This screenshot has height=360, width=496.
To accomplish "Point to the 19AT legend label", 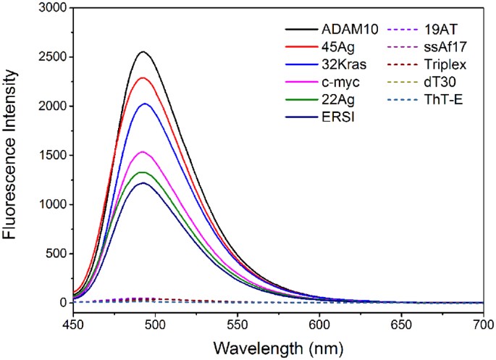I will (443, 30).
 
